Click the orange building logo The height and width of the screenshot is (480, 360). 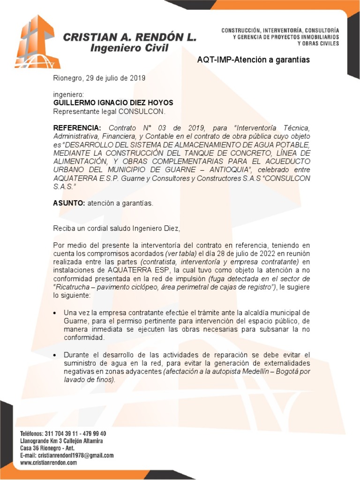coord(37,42)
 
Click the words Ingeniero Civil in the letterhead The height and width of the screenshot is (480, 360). coord(129,48)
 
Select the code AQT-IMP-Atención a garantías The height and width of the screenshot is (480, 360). coord(253,60)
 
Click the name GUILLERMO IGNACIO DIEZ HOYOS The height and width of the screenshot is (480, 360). coord(113,103)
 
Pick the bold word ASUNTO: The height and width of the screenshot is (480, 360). coord(69,203)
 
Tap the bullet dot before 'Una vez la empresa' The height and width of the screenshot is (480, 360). coord(56,313)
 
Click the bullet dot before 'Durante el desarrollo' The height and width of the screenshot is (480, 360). coord(56,355)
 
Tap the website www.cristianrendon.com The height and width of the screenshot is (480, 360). coord(48,463)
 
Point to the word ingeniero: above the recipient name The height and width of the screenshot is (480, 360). coord(68,95)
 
